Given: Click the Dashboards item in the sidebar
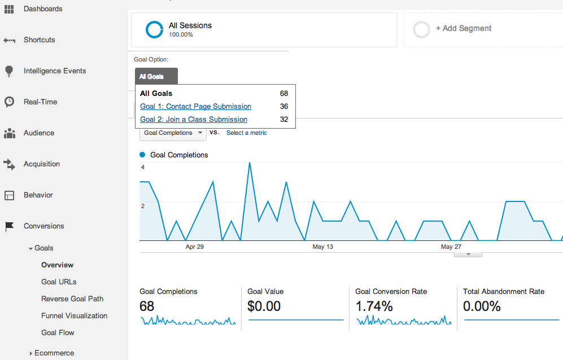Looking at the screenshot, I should click(42, 9).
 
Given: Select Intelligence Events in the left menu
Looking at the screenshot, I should click(54, 71).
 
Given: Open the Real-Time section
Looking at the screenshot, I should click(40, 102).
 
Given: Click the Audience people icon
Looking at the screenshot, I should click(9, 133).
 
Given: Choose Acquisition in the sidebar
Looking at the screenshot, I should click(41, 164).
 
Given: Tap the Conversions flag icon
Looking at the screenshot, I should click(9, 226).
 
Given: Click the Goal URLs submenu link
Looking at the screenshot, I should click(59, 282).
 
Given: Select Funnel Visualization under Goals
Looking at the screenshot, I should click(74, 316).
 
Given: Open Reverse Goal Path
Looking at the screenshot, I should click(72, 299).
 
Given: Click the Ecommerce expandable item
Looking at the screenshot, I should click(54, 353).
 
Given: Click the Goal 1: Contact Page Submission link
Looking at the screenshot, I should click(195, 107).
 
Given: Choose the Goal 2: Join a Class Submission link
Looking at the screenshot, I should click(193, 120).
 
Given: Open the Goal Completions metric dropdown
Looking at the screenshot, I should click(173, 133).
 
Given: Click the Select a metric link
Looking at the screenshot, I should click(246, 133).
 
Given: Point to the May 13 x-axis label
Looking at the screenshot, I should click(322, 247).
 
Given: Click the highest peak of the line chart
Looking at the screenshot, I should click(249, 163).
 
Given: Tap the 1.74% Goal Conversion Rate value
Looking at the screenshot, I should click(374, 306).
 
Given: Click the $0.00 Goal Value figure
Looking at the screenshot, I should click(264, 306).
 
